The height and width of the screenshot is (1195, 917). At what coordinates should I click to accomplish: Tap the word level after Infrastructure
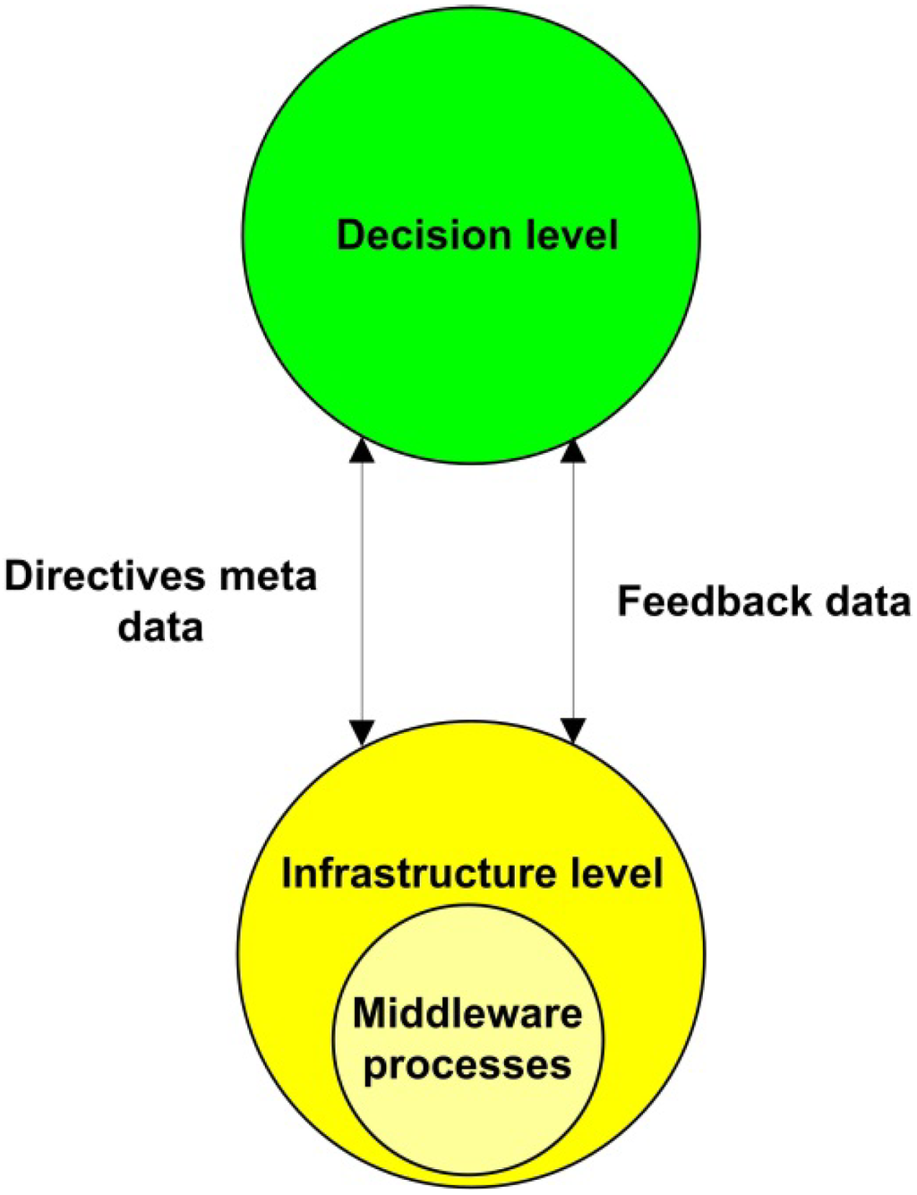pos(620,873)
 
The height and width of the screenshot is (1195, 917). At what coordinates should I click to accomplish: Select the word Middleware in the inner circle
pos(467,1014)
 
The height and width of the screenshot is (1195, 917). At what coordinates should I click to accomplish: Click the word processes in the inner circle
pos(467,1066)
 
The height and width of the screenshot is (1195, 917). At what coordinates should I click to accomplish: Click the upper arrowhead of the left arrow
pos(362,451)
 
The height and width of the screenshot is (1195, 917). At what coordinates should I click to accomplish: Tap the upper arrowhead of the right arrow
pos(573,451)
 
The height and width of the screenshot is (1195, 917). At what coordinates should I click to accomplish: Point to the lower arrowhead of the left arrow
pos(362,730)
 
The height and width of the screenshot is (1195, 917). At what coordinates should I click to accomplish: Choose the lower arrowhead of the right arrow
pos(573,730)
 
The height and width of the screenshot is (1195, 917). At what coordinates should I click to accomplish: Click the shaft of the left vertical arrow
pos(362,591)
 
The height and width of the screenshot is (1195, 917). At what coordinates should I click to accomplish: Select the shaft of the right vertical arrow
pos(573,537)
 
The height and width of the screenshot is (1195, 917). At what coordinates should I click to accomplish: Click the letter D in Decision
pos(349,235)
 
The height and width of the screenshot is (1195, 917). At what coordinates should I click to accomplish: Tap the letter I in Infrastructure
pos(287,873)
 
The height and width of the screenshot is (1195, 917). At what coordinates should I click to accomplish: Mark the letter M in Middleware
pos(367,1014)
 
